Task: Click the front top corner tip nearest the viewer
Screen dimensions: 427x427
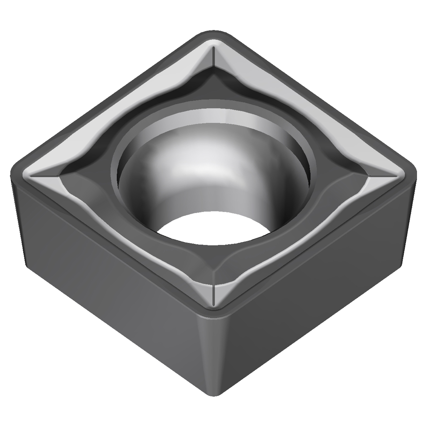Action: [x=213, y=312]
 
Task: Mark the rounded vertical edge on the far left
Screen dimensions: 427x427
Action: [x=17, y=213]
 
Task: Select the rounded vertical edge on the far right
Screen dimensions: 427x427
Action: [x=410, y=213]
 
